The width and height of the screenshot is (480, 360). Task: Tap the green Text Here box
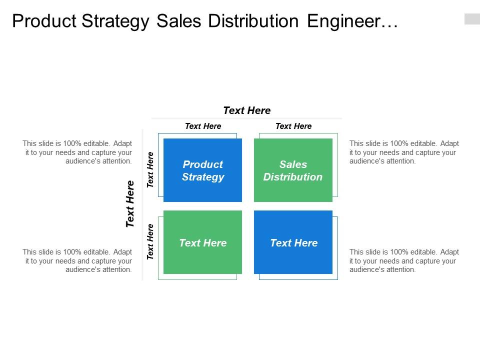click(202, 242)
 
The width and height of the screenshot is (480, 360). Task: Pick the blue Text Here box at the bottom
click(293, 242)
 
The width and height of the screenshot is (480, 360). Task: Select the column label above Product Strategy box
click(203, 126)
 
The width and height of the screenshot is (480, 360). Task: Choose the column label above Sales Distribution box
click(293, 126)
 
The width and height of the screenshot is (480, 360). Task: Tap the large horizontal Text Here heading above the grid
click(246, 110)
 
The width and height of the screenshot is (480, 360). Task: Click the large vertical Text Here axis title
click(130, 204)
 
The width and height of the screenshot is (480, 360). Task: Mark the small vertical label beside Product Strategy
click(150, 170)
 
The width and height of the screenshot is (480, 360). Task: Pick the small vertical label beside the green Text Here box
click(150, 242)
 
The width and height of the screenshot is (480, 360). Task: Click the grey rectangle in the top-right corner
click(471, 19)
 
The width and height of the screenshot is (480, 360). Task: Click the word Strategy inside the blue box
click(203, 177)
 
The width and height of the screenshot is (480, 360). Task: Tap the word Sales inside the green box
click(293, 164)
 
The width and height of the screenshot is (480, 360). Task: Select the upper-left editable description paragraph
click(77, 152)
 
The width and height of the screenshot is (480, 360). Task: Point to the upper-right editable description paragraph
click(404, 152)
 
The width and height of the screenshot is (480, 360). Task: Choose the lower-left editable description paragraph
click(77, 261)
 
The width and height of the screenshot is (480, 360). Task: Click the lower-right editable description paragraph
click(404, 261)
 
